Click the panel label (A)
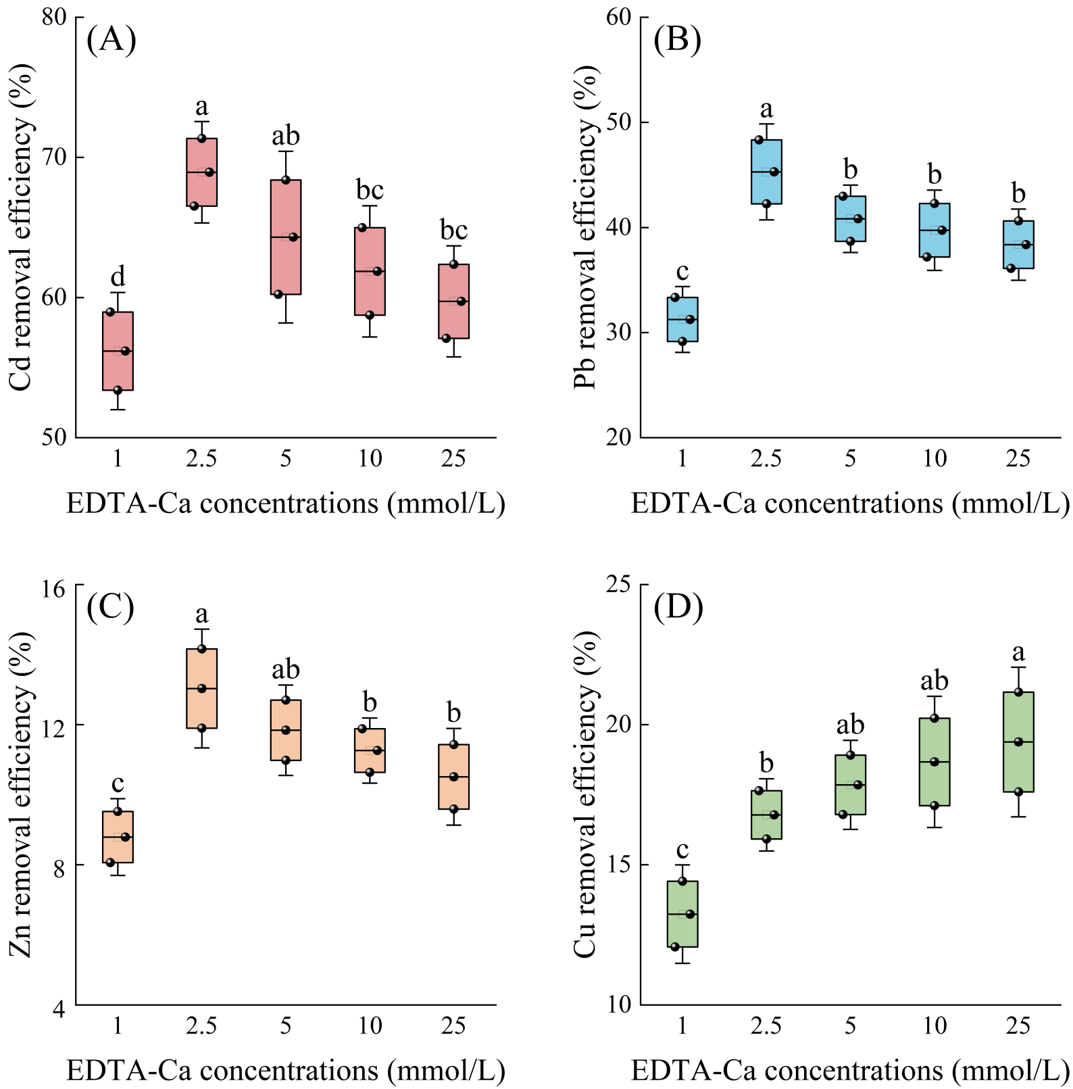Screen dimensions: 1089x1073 click(x=111, y=40)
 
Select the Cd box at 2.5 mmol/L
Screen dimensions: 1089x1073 click(x=201, y=172)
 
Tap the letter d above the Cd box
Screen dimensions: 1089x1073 click(x=118, y=276)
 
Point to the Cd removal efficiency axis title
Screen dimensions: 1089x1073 click(x=21, y=227)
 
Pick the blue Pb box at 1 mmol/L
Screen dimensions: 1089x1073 click(x=682, y=319)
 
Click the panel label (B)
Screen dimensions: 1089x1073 click(x=677, y=40)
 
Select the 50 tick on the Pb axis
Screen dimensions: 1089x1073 click(x=619, y=122)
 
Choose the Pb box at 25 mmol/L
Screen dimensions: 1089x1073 click(x=1018, y=245)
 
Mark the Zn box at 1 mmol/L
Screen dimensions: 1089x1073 click(x=118, y=837)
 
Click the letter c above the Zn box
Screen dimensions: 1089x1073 click(x=118, y=783)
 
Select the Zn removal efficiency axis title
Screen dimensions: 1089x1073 click(x=21, y=795)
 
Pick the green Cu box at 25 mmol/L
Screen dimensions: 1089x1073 click(x=1018, y=742)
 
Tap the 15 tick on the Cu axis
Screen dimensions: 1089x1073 click(x=619, y=865)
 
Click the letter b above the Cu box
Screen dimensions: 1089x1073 click(x=766, y=763)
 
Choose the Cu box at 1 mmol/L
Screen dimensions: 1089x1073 click(x=682, y=914)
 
